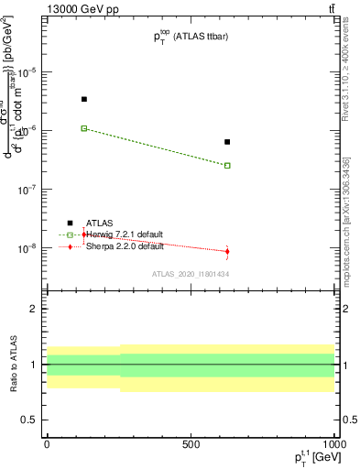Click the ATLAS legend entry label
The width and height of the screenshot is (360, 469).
(100, 223)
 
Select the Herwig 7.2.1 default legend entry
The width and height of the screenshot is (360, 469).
(124, 234)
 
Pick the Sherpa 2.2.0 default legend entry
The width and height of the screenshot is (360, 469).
(124, 246)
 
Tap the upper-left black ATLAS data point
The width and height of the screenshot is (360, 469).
(84, 99)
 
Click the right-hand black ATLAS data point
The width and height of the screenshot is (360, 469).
(227, 142)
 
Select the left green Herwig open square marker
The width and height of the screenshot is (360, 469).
(84, 128)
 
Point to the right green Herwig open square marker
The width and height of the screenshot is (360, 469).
(227, 166)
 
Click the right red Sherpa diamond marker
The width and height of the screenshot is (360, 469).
(227, 251)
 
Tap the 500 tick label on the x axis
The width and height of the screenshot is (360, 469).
(191, 443)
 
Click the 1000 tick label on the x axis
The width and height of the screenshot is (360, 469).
(333, 443)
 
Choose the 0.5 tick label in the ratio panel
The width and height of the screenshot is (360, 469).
(33, 420)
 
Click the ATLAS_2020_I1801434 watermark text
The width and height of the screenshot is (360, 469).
(190, 274)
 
